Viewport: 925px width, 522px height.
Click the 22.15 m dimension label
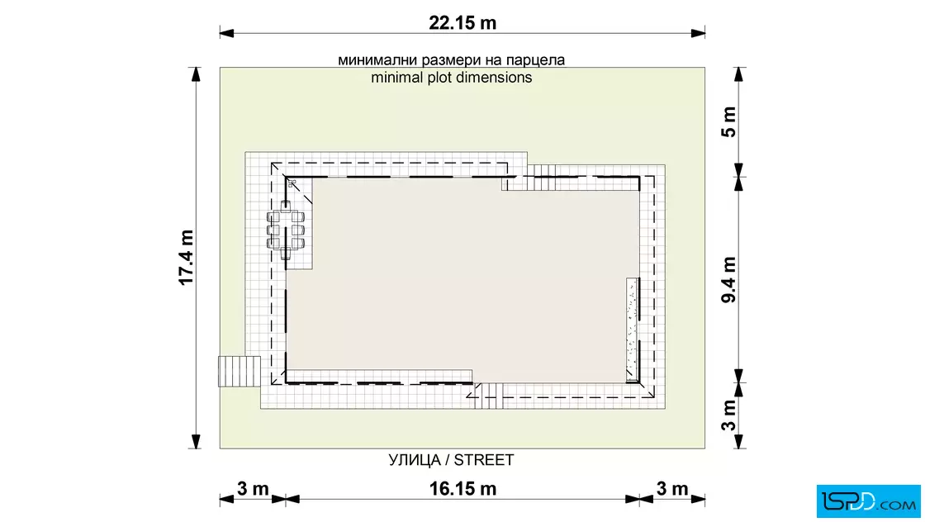tap(462, 23)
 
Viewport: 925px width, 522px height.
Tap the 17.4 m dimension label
tap(187, 258)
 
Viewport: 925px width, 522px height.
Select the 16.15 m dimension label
tap(462, 489)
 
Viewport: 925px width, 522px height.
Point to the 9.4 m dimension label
tap(729, 279)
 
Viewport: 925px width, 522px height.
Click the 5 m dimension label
tap(729, 122)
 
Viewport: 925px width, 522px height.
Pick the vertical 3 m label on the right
tap(729, 415)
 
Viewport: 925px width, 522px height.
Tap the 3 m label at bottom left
tap(253, 489)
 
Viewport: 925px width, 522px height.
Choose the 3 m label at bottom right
tap(672, 489)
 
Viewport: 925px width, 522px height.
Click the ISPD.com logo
tap(868, 501)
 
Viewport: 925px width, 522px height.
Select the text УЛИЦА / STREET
tap(451, 460)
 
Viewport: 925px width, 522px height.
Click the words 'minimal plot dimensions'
tap(451, 78)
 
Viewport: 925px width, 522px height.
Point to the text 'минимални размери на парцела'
tap(451, 60)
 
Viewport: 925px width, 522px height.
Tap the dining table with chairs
tap(286, 230)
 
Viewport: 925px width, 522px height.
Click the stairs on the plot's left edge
tap(239, 371)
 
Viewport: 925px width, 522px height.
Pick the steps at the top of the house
tap(542, 178)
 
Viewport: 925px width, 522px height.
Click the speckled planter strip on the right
tap(633, 327)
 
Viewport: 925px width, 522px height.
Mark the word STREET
tap(484, 460)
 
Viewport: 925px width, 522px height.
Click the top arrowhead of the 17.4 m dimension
tap(196, 74)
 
